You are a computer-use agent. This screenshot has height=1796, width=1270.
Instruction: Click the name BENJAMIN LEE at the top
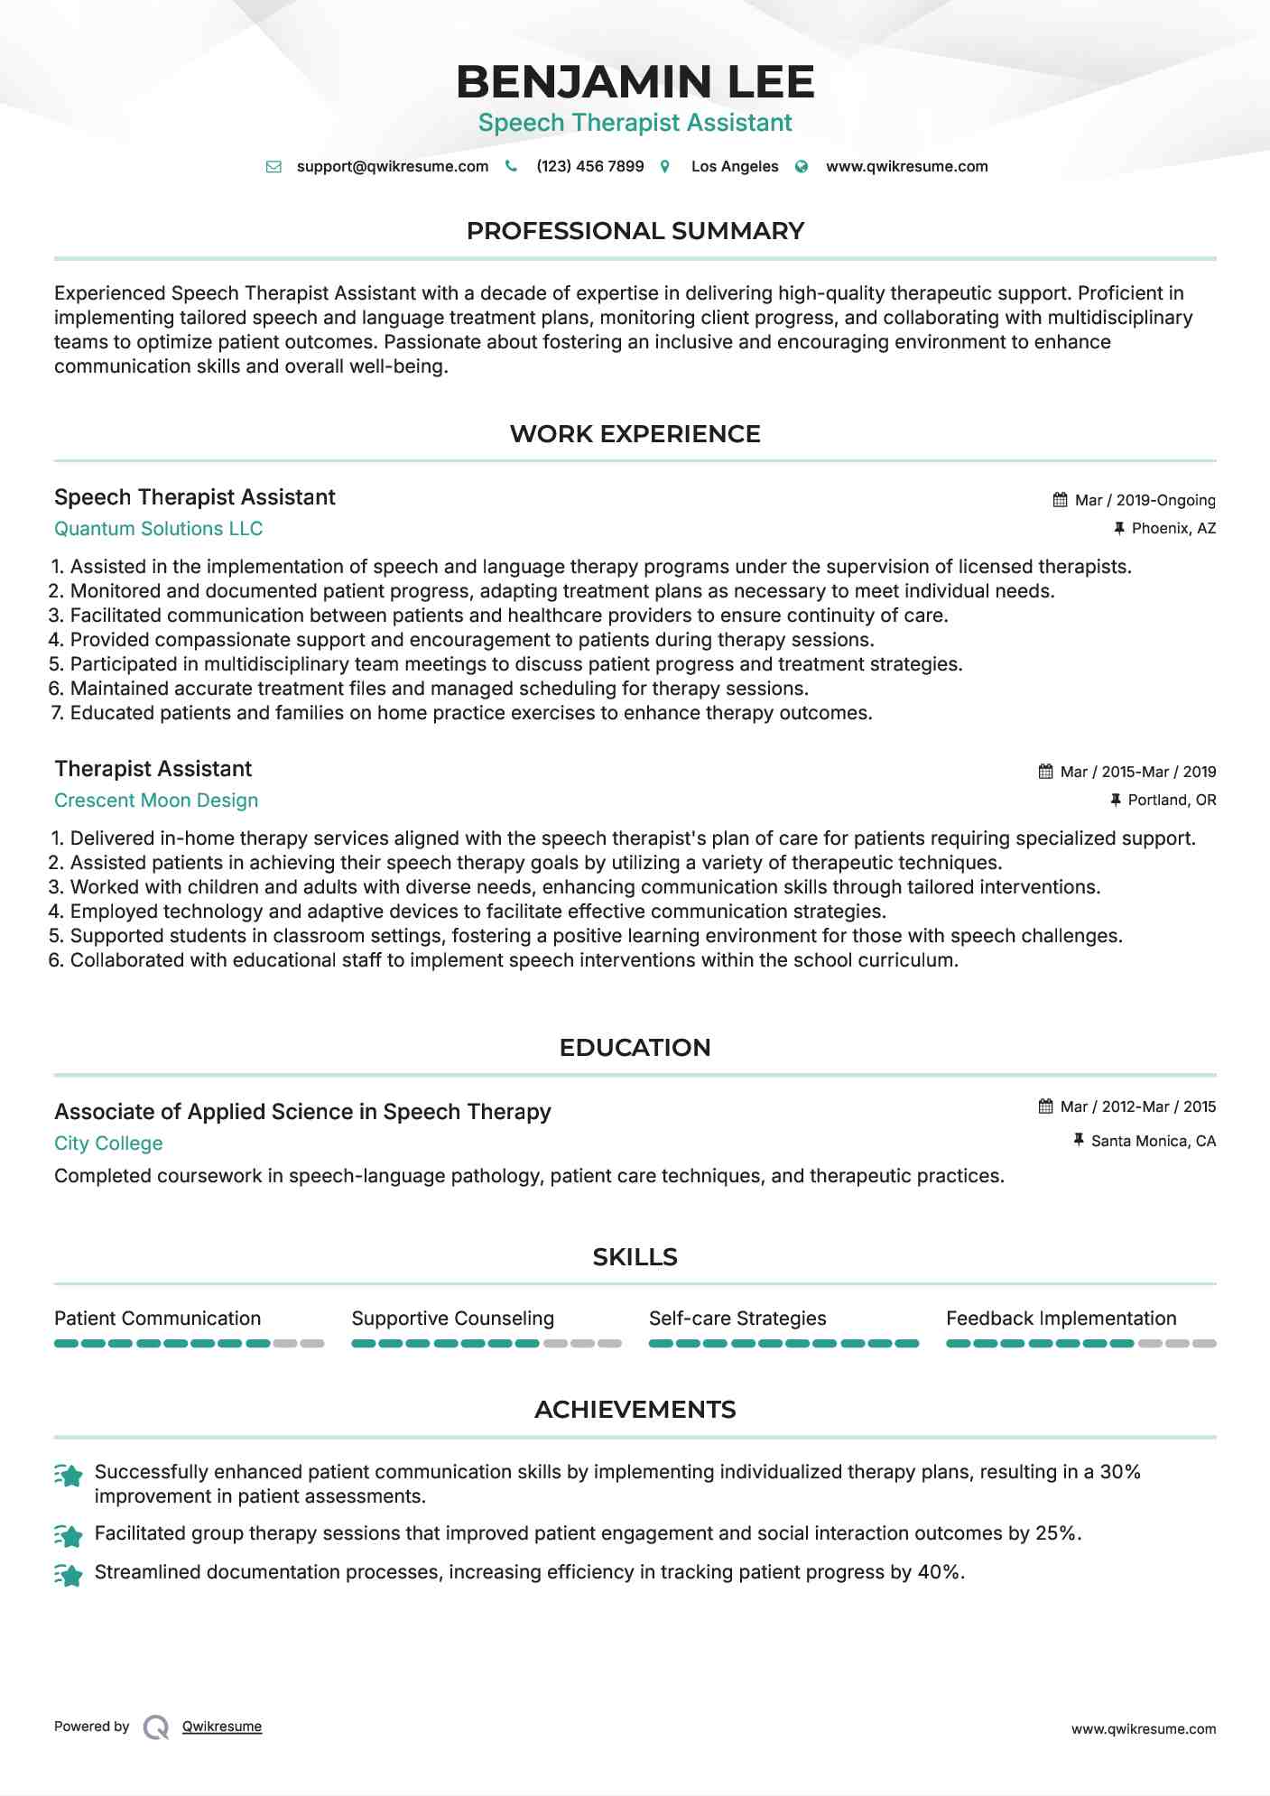click(x=635, y=82)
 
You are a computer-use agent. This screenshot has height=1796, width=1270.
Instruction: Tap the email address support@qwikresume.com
click(x=392, y=166)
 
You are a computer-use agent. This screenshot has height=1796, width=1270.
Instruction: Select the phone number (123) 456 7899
click(x=589, y=166)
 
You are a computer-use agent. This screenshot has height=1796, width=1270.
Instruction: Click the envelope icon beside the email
click(x=273, y=167)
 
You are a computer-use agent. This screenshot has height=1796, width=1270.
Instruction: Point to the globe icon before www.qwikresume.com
click(x=802, y=167)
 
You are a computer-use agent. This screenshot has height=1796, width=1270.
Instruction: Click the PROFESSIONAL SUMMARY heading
click(x=635, y=231)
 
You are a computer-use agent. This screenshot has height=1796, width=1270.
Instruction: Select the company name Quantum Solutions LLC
click(x=158, y=529)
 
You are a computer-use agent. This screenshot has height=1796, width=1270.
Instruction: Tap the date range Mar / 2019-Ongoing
click(x=1145, y=500)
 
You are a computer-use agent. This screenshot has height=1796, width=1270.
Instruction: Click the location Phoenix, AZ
click(x=1173, y=528)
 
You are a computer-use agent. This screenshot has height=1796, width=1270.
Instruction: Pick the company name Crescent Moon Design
click(x=156, y=801)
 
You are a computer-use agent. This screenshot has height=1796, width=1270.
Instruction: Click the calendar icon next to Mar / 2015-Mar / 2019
click(x=1045, y=772)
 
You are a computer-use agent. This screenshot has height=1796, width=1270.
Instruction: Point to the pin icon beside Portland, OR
click(x=1116, y=800)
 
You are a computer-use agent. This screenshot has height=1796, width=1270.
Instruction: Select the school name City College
click(x=108, y=1143)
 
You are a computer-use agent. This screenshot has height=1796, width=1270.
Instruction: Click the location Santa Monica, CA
click(x=1153, y=1141)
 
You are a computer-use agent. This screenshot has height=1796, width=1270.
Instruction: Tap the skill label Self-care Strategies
click(x=737, y=1319)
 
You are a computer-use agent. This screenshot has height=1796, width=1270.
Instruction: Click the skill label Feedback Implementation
click(x=1061, y=1319)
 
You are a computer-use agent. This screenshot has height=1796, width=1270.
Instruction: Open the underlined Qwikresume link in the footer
click(x=222, y=1727)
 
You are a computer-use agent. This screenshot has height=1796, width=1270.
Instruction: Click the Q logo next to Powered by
click(x=155, y=1727)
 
